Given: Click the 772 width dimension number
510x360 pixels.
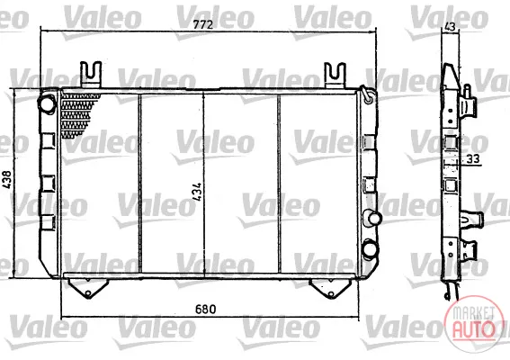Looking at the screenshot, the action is point(203,24).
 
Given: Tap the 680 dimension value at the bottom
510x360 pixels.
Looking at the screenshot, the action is point(206,309).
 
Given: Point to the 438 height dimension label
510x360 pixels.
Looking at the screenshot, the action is point(7,179).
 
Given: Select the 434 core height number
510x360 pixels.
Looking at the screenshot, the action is point(196,192).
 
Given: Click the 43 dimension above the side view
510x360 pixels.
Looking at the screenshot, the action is point(450,26).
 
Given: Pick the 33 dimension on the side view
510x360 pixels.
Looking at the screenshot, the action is point(473,159).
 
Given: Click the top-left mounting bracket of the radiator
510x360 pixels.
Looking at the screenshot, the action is point(91,75).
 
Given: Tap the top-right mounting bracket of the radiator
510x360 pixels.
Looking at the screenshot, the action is point(335,76).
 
